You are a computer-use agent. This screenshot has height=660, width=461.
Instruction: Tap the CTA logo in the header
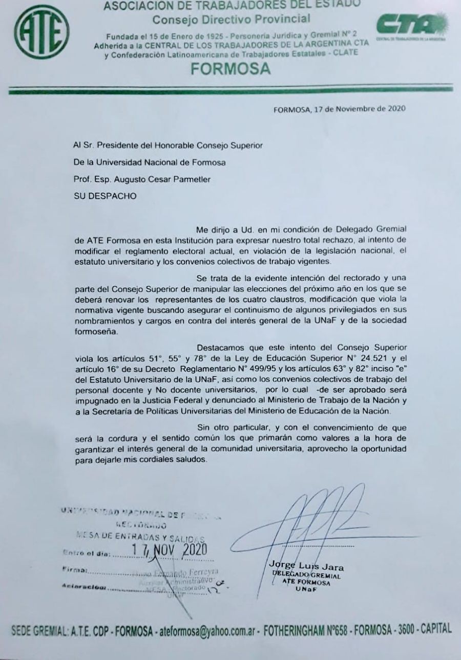[x=413, y=26]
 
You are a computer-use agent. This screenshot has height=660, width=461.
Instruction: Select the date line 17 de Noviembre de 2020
[x=340, y=108]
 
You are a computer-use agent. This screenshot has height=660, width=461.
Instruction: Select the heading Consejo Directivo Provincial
[x=231, y=19]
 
